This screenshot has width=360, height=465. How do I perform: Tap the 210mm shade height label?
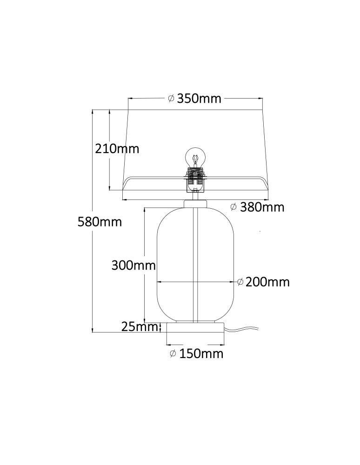[x=117, y=149]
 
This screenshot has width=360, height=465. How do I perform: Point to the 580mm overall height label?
[x=100, y=222]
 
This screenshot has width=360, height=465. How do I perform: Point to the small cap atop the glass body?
[x=195, y=204]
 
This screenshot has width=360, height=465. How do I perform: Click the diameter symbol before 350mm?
[x=171, y=99]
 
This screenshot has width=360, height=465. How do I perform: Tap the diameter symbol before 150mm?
[x=173, y=354]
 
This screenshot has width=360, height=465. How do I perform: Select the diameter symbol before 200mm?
[x=240, y=282]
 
